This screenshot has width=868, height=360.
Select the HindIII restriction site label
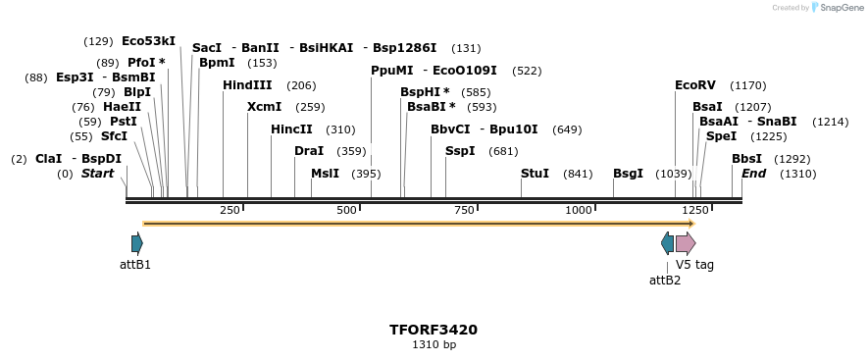coord(247,85)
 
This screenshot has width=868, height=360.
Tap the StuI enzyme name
coord(535,174)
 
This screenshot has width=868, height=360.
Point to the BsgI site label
coord(628,174)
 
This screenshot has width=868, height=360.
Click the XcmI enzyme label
coord(264,107)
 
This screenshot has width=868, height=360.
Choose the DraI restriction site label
coord(309,151)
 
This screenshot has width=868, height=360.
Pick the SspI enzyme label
coord(460,151)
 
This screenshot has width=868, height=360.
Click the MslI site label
coord(325,174)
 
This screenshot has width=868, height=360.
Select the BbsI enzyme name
coord(746,159)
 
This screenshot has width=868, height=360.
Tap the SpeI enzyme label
coord(721,136)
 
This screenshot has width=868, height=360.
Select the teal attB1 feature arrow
coord(136,243)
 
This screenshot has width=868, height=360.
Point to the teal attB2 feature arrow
coord(668,243)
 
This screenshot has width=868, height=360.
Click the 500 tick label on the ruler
coord(346,210)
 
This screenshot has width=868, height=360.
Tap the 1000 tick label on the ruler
coord(579,210)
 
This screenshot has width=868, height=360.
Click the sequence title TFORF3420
coord(434,330)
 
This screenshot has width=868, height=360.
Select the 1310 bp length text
coord(434,344)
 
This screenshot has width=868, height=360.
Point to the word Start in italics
coord(97,174)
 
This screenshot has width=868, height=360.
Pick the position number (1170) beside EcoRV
coord(748,85)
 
